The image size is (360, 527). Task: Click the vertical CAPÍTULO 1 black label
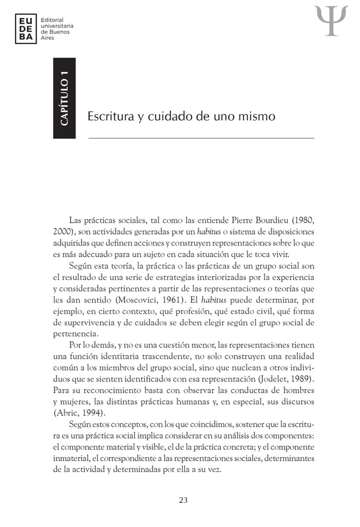[64, 98]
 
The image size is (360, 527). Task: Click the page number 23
[183, 500]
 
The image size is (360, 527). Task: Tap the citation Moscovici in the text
[137, 300]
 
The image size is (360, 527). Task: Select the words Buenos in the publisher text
[60, 31]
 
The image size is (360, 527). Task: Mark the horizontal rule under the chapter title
[201, 138]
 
